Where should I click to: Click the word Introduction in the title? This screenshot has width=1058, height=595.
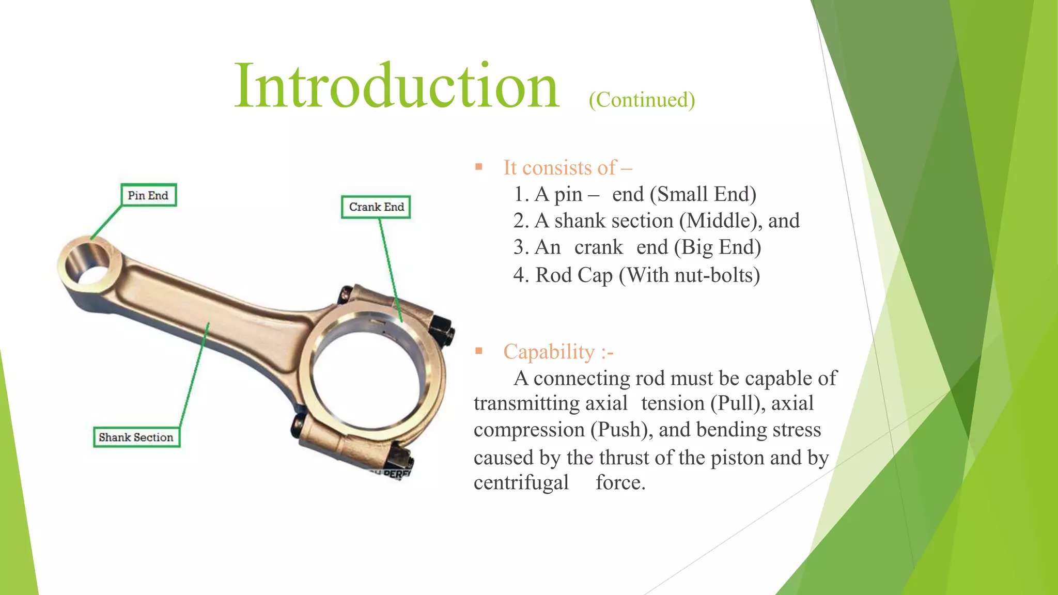396,86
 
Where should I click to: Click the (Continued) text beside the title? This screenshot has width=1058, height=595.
642,100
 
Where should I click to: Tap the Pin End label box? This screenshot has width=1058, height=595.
148,195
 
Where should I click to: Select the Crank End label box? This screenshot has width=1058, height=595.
376,207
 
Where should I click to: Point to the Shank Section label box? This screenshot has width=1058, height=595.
136,437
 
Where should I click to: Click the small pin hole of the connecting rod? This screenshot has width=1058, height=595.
89,263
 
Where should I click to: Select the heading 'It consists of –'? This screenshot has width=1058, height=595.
567,168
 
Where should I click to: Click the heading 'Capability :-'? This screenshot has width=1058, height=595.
558,352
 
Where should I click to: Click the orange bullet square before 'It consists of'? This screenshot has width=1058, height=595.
479,167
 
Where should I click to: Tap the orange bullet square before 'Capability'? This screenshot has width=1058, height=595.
479,351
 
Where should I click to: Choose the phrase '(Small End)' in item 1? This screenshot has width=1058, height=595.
703,195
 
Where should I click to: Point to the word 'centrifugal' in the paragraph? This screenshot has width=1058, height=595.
521,483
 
